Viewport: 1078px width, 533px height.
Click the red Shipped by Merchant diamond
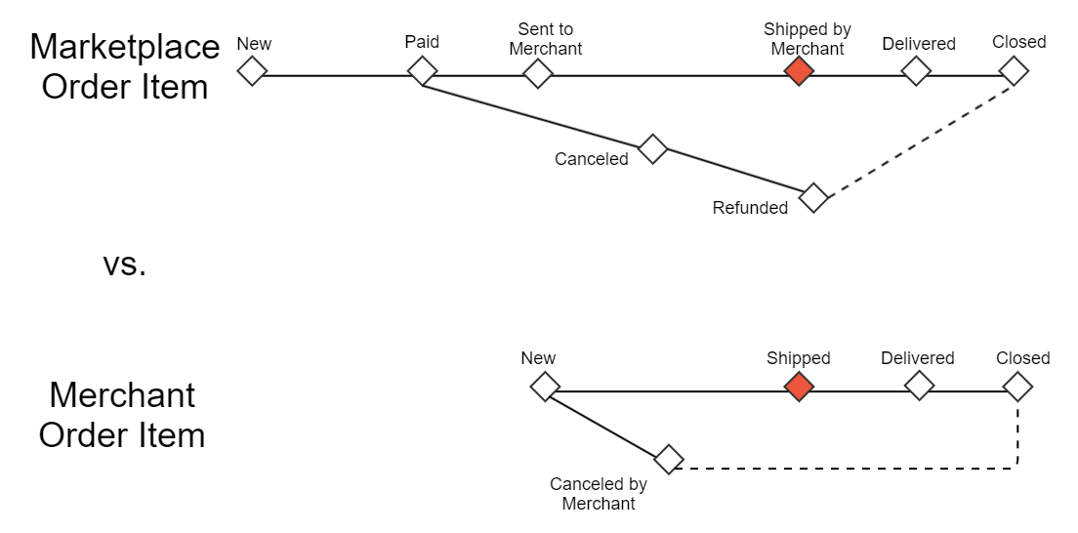(x=799, y=71)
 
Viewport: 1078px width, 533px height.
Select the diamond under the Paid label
(x=422, y=71)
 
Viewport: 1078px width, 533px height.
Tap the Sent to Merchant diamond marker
(x=537, y=72)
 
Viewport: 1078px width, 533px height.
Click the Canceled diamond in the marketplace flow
(x=652, y=149)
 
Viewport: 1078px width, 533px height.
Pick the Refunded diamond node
(x=813, y=197)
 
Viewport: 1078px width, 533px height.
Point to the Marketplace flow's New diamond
(x=252, y=71)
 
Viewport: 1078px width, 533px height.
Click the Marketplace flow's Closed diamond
(x=1014, y=71)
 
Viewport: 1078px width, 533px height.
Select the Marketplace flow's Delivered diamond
(x=915, y=71)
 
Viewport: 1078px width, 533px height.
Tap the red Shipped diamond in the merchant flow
(x=799, y=387)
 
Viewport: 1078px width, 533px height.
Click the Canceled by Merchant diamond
(x=668, y=459)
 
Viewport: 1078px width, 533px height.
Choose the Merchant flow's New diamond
(x=544, y=387)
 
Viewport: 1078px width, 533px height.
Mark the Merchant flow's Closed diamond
(x=1017, y=387)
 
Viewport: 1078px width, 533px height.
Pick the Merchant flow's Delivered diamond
(x=919, y=387)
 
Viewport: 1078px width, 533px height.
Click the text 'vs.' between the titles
(x=124, y=264)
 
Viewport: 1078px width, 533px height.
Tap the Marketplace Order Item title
(x=125, y=66)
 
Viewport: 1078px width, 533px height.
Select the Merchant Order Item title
(x=122, y=415)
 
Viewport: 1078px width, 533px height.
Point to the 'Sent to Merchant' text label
(x=546, y=39)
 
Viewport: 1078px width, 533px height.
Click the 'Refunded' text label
(x=750, y=208)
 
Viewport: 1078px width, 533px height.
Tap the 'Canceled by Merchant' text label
(x=599, y=494)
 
